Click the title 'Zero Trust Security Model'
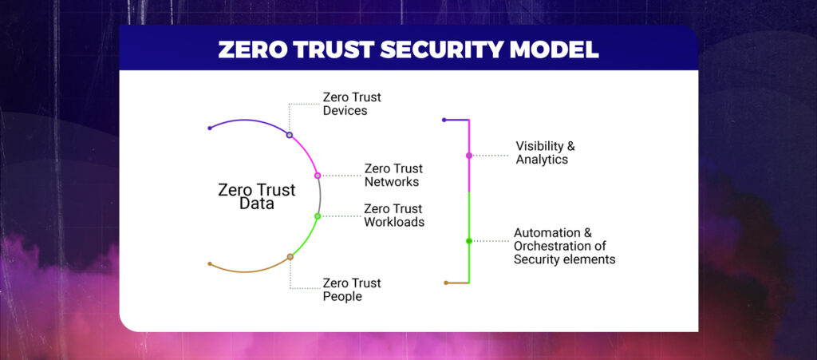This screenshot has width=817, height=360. (408, 49)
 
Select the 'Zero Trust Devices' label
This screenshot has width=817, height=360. (351, 104)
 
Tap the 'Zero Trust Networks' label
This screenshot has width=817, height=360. (393, 175)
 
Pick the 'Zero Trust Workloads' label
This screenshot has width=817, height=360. (393, 216)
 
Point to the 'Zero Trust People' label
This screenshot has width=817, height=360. (351, 289)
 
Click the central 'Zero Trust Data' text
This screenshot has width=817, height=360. (257, 196)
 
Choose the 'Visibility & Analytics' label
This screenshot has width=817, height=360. (544, 152)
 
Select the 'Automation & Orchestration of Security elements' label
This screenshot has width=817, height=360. (564, 246)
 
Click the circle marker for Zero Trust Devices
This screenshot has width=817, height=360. (290, 135)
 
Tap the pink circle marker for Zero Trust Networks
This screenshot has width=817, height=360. (318, 175)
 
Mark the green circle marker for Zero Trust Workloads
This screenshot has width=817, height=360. (318, 216)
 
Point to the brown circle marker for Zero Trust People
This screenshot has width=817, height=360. (290, 257)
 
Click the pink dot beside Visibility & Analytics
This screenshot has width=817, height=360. (469, 155)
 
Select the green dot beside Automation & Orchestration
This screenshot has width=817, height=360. (469, 240)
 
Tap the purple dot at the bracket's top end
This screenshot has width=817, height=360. (444, 120)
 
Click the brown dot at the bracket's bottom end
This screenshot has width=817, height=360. (446, 283)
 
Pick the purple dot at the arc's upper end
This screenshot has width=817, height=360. (209, 128)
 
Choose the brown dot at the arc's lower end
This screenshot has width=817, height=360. (209, 263)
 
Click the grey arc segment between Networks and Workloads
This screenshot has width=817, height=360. (321, 196)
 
